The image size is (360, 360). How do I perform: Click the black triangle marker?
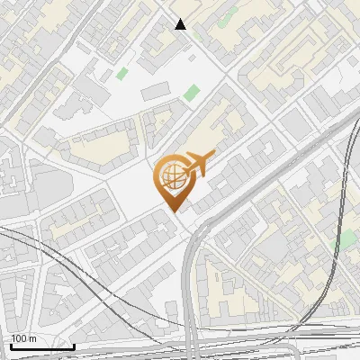[x=181, y=24]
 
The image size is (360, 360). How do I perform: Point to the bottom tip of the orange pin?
[x=173, y=211]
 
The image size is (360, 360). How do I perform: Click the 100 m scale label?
[x=24, y=338]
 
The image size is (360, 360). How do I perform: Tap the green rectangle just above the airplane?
[x=191, y=92]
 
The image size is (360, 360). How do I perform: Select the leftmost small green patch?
[x=122, y=73]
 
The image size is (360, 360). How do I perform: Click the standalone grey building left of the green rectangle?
[x=155, y=90]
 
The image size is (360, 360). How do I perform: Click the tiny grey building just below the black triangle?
[x=193, y=51]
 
